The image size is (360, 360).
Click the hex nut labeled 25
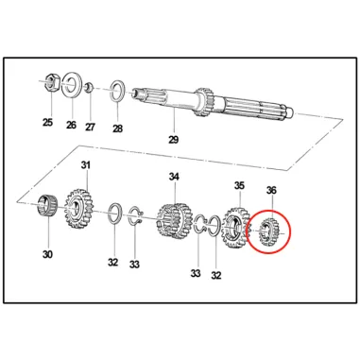coord(51,83)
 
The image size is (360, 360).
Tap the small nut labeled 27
coord(89,86)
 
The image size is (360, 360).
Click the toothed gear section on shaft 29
coord(204,101)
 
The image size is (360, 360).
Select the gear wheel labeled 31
coord(78,209)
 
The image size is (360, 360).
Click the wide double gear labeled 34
coord(174,221)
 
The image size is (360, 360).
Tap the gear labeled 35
coord(235,227)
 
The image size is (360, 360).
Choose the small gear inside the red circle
coord(268,232)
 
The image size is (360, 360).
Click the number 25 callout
coord(47,122)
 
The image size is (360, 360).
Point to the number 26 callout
coord(71,125)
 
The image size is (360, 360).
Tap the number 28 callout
coord(117,129)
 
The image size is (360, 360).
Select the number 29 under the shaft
coord(173,139)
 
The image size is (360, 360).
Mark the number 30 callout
coord(47,254)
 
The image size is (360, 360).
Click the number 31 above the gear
coord(86,164)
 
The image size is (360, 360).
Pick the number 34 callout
coord(174,177)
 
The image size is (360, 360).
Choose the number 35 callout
coord(239,185)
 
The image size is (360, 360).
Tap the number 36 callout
coord(271,190)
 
